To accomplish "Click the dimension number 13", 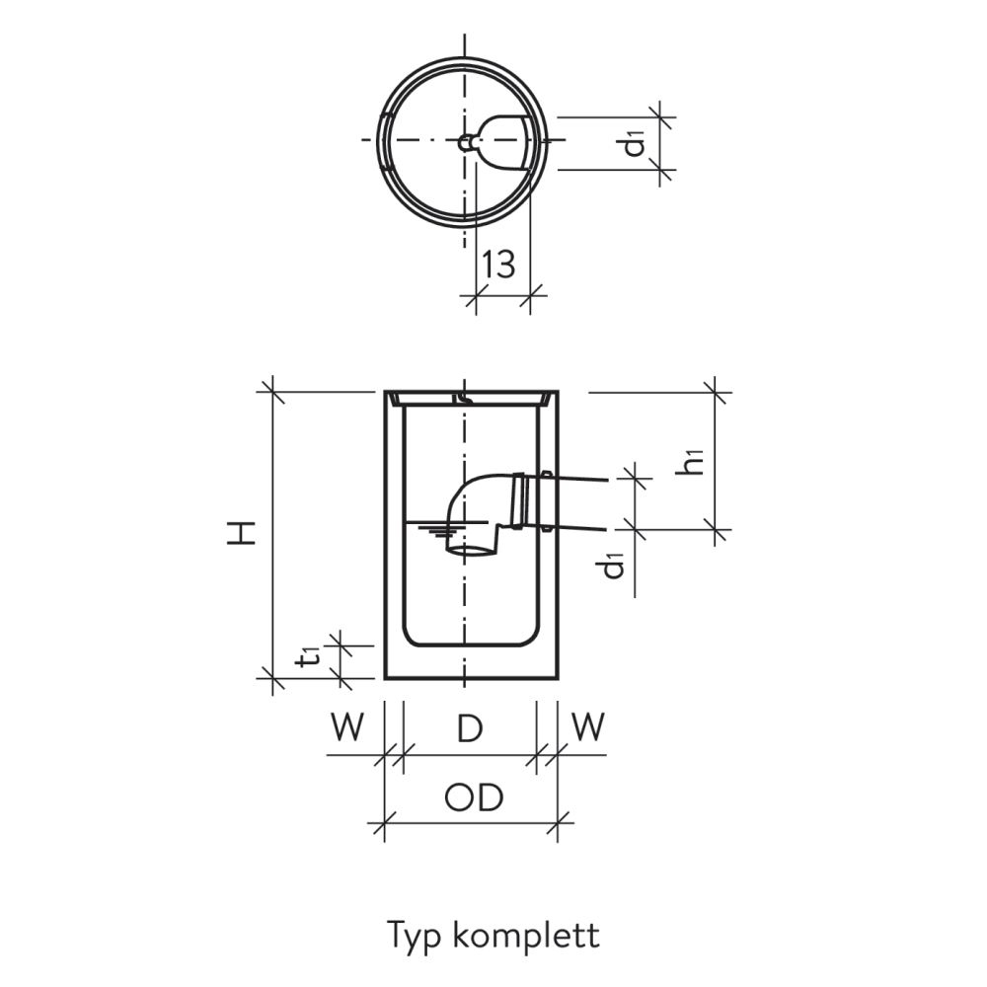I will tap(500, 264).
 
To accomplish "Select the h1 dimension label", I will tap(695, 460).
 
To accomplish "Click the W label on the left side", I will tap(346, 728).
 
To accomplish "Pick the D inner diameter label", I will tap(470, 728).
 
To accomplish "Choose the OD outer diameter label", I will tap(473, 797).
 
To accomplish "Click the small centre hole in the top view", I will tap(464, 143).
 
